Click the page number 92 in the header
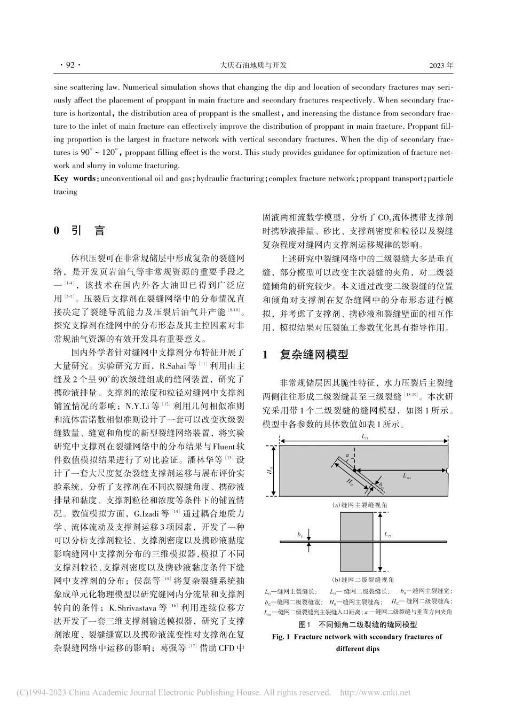click(x=69, y=65)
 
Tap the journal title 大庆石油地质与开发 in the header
click(x=253, y=65)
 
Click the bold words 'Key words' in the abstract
click(x=75, y=178)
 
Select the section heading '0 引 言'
click(x=80, y=231)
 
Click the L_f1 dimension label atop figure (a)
click(x=363, y=436)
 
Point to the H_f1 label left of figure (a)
click(x=270, y=471)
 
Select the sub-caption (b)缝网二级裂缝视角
click(x=363, y=579)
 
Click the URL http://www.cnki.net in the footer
click(x=375, y=693)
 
